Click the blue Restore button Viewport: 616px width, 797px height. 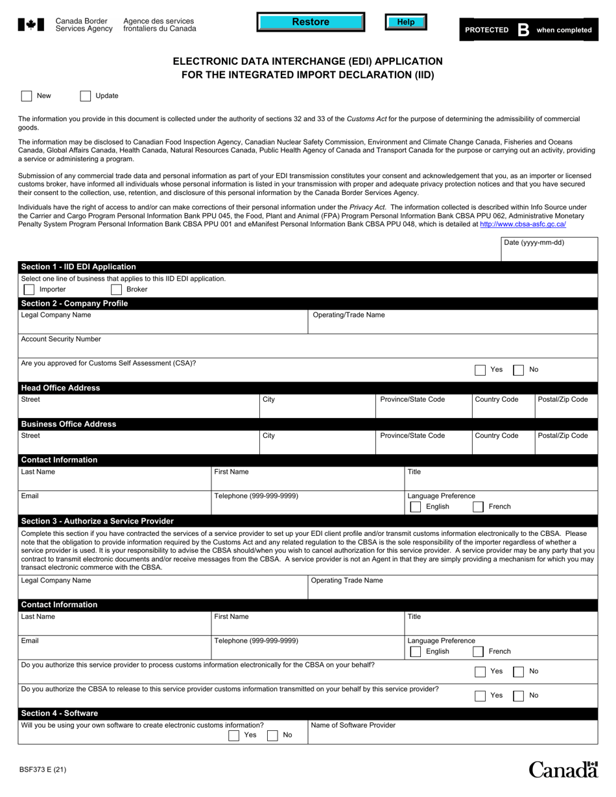click(311, 22)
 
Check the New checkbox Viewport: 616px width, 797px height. click(27, 96)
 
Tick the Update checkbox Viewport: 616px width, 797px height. click(86, 96)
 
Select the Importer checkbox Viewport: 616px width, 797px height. click(29, 289)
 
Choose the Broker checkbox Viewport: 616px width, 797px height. click(117, 289)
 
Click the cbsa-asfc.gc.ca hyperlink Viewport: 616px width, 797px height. click(523, 224)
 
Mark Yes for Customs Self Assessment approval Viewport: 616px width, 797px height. click(480, 370)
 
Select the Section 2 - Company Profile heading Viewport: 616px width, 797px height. click(75, 303)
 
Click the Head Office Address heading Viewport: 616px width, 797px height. click(61, 387)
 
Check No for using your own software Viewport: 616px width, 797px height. click(273, 735)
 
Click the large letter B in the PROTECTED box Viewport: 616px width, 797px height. click(523, 30)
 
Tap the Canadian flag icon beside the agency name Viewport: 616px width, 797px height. click(31, 25)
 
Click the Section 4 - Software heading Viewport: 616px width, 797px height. click(60, 713)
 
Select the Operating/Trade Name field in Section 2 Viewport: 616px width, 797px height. click(452, 321)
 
